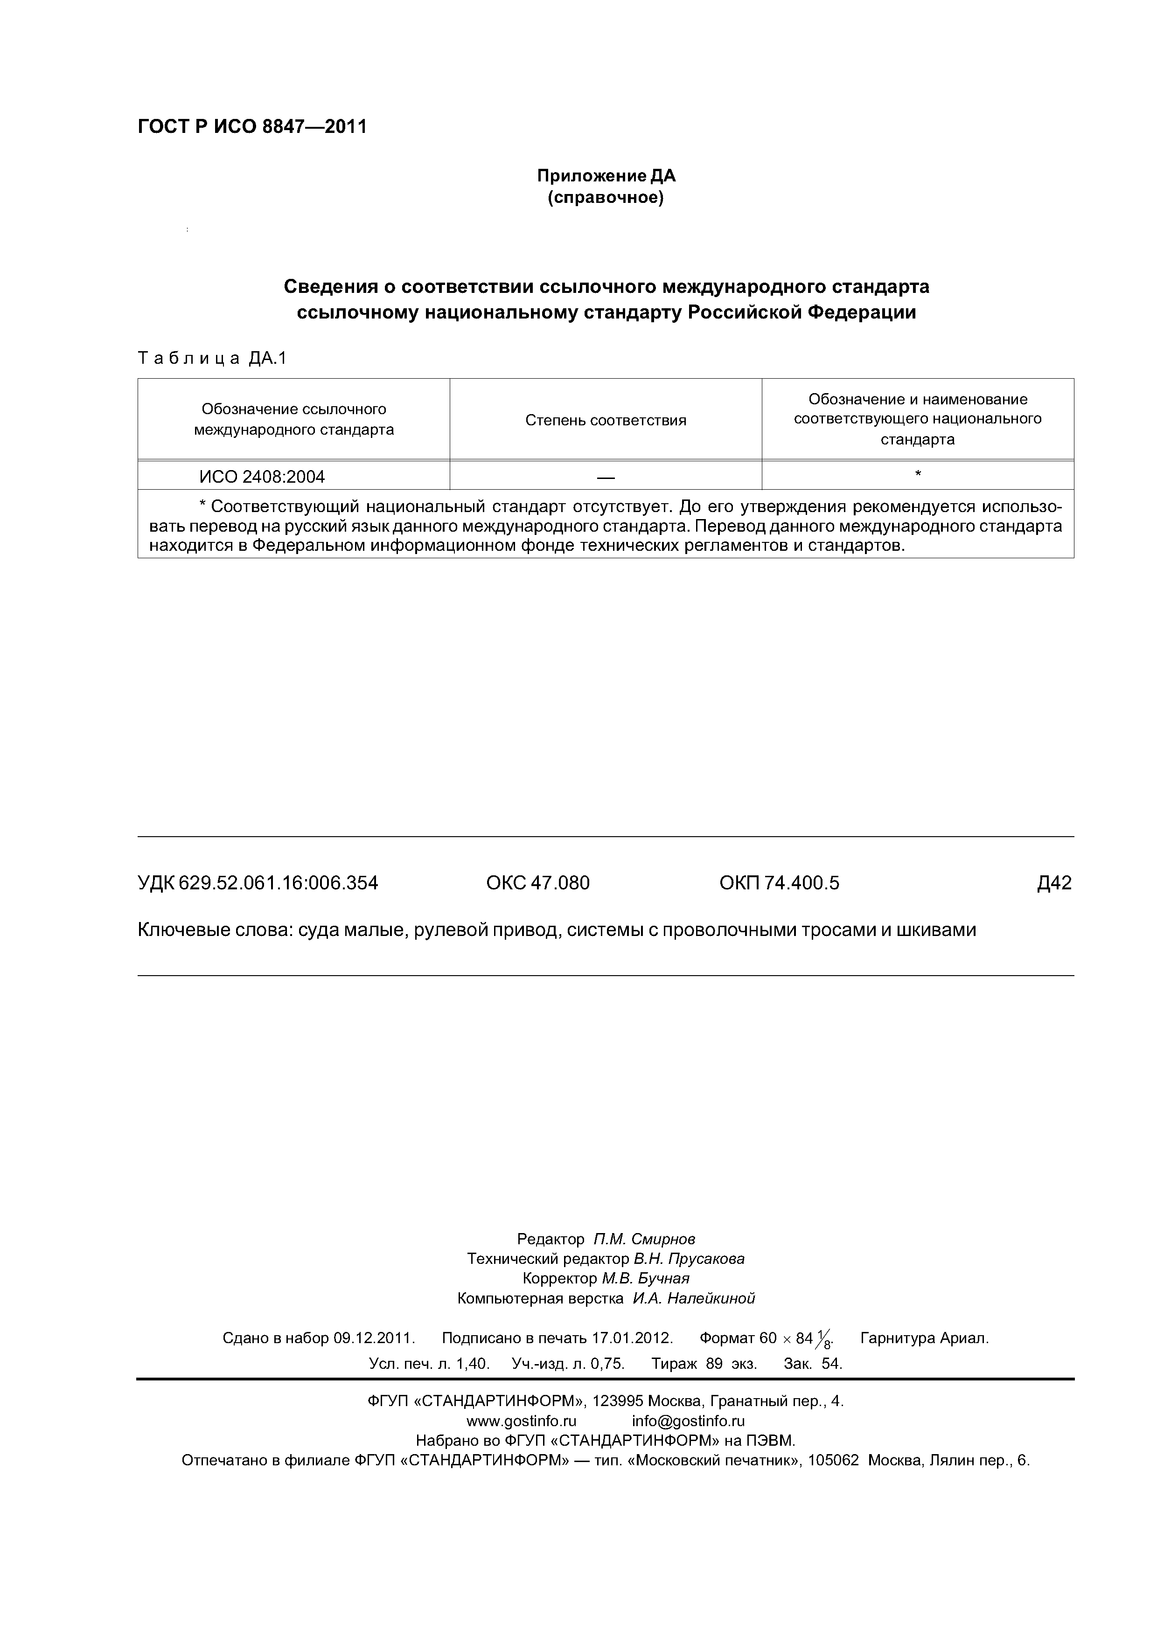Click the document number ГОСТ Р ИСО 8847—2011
[x=251, y=127]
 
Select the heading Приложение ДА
[x=606, y=176]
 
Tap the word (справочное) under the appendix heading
[x=606, y=197]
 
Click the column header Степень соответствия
[x=606, y=420]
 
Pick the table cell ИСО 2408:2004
[x=262, y=477]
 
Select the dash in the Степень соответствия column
[x=606, y=477]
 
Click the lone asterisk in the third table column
[x=918, y=474]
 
